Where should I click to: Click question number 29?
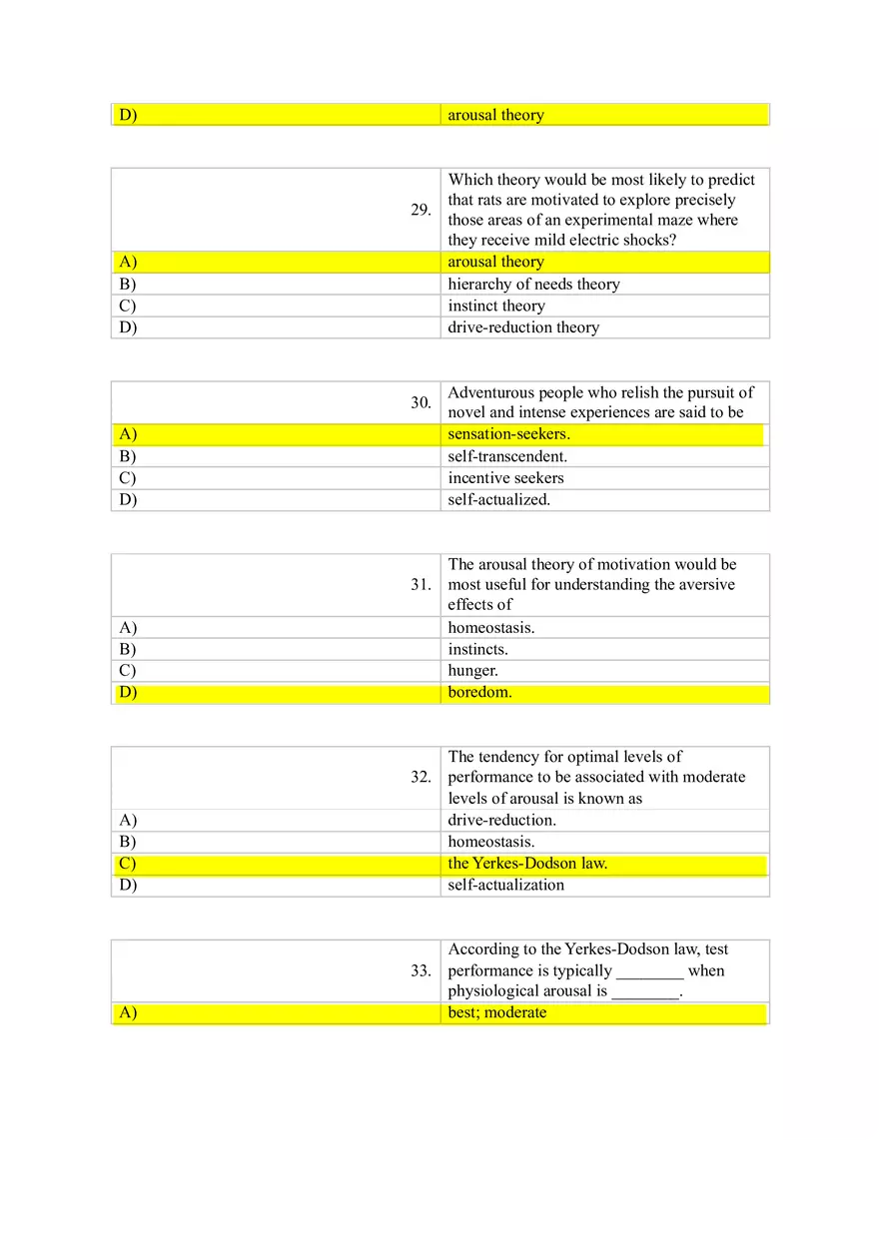click(421, 210)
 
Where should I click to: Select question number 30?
click(421, 402)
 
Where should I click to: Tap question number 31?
click(421, 584)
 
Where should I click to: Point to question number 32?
click(421, 777)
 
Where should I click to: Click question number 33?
click(421, 970)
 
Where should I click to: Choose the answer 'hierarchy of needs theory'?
click(533, 285)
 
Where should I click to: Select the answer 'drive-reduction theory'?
click(523, 327)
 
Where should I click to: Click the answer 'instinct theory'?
click(496, 307)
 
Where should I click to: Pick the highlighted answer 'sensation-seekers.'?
click(508, 434)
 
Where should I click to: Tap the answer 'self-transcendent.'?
click(507, 456)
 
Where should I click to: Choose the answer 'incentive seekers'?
click(505, 478)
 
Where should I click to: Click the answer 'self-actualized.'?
click(498, 500)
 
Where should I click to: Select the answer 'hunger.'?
click(472, 671)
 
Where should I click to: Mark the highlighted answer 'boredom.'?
click(479, 693)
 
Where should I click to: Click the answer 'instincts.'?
click(477, 650)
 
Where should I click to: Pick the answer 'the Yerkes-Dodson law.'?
click(527, 864)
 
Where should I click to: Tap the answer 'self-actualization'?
click(505, 886)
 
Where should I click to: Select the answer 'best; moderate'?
click(497, 1012)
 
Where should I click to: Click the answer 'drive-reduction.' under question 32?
click(501, 821)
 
